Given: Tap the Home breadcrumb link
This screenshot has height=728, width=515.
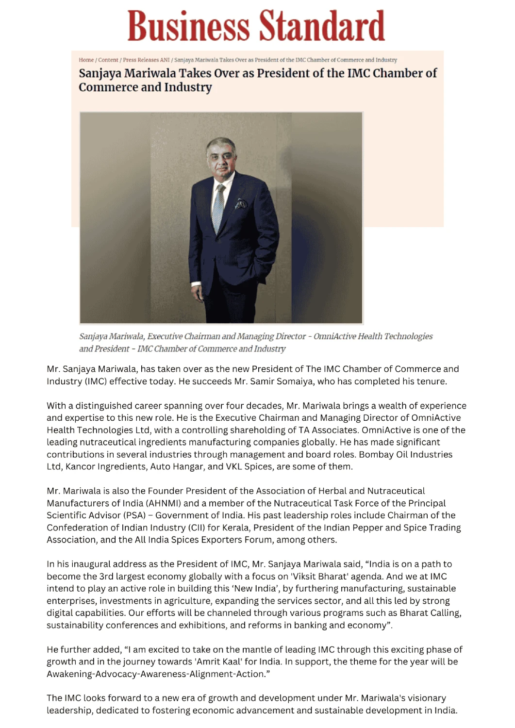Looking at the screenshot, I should coord(86,60).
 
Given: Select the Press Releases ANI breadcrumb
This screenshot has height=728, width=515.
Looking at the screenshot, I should coord(146,60).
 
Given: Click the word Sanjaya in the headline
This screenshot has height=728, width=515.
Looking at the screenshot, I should coord(100,73).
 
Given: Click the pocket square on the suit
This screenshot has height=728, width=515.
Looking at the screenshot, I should coord(241,203).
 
